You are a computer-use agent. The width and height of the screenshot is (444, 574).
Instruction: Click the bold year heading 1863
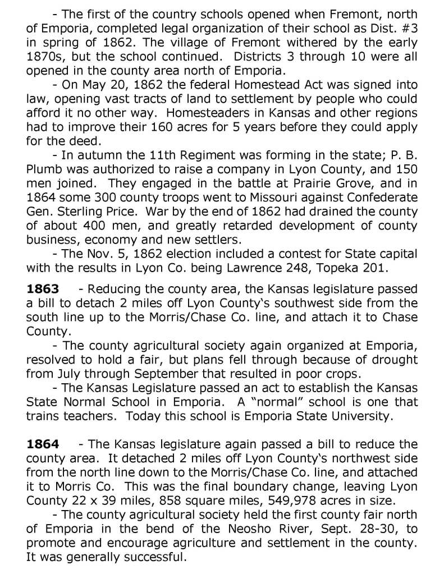click(x=43, y=289)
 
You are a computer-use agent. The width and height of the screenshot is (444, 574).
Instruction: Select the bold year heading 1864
click(x=43, y=445)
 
